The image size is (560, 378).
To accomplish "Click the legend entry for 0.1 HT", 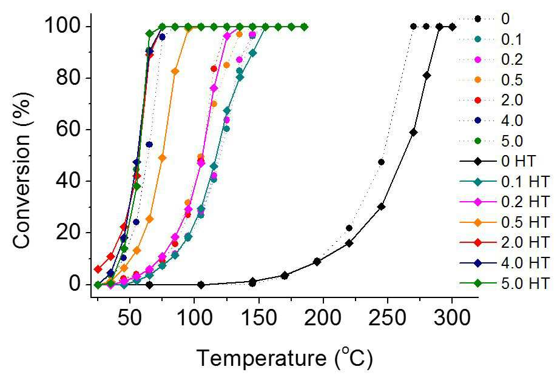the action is tap(504, 182).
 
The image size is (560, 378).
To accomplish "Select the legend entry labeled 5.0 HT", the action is tap(504, 283).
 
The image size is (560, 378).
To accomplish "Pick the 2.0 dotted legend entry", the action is tap(491, 100).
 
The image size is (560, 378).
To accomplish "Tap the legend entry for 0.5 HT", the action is tap(504, 222).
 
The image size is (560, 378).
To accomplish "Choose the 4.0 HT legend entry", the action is tap(504, 263).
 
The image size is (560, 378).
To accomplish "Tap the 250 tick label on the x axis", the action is tap(387, 317).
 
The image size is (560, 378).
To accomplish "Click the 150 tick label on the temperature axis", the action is tap(258, 317).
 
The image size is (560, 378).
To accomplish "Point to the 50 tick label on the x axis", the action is tap(130, 317).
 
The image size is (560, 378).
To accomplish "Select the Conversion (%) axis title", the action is tap(21, 170).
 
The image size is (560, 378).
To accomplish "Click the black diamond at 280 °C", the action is tap(427, 76).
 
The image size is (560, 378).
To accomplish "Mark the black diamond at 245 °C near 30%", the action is tap(381, 207).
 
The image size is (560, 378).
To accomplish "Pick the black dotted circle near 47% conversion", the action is tap(381, 162).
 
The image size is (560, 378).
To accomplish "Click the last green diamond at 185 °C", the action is tap(304, 27).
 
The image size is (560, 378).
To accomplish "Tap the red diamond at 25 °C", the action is tap(98, 269).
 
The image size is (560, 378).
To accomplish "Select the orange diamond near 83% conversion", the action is tap(175, 71).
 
